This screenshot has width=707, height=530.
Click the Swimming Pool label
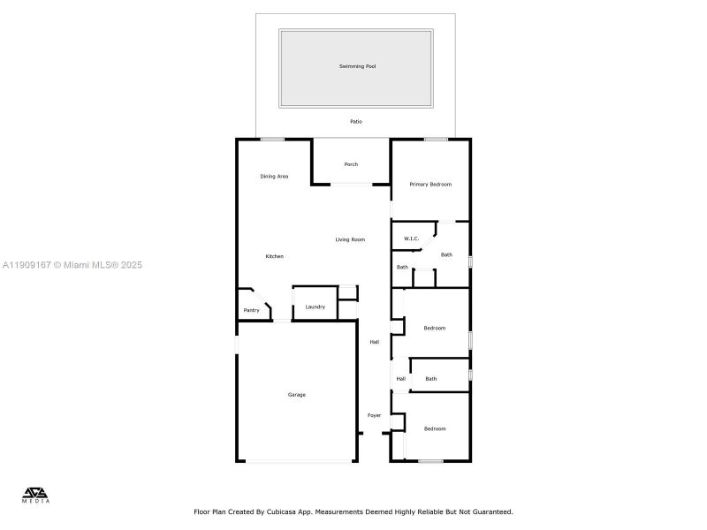[356, 66]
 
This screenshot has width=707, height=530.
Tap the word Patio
[356, 122]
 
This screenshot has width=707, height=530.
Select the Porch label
[351, 164]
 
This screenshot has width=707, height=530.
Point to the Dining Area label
[274, 177]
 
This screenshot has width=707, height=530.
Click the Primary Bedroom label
[430, 185]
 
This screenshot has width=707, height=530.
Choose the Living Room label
[350, 239]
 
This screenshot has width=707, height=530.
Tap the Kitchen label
[275, 256]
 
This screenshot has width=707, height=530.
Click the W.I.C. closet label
[411, 239]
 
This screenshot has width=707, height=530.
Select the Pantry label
[252, 310]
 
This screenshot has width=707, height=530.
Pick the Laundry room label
[315, 307]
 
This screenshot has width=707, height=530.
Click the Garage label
[296, 395]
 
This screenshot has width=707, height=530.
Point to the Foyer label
[374, 415]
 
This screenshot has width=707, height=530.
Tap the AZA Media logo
[36, 495]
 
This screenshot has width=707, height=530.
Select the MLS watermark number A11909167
[27, 265]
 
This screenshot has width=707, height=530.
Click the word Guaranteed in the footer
[490, 511]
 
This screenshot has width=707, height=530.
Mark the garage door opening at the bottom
[296, 461]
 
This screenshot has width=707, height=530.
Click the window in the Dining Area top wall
[272, 139]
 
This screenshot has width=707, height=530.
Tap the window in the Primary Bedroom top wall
[435, 139]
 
